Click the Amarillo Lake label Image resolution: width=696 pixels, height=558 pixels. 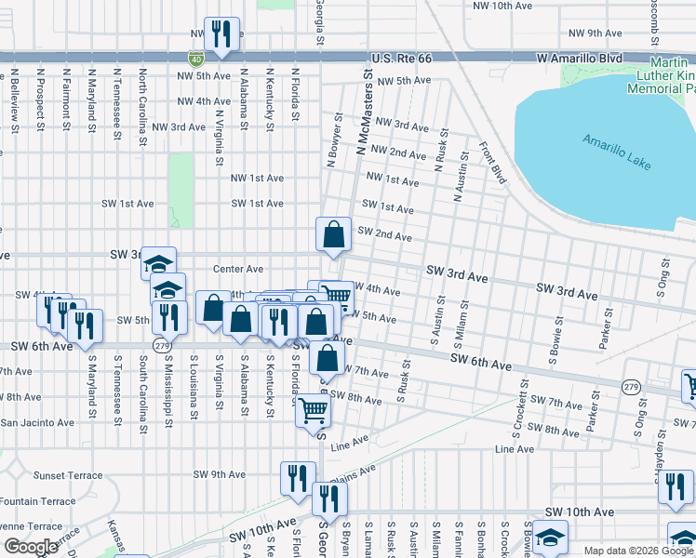tap(619, 152)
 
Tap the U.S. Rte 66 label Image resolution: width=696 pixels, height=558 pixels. tap(402, 58)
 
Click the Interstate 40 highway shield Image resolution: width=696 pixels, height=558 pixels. tap(195, 58)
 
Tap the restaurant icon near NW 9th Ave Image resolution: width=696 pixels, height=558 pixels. tap(221, 35)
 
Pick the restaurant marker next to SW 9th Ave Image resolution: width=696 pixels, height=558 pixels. tap(298, 478)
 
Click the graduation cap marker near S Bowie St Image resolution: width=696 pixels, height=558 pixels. tap(550, 537)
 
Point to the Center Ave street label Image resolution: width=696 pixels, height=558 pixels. tap(238, 269)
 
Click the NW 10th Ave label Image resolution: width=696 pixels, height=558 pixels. tap(502, 6)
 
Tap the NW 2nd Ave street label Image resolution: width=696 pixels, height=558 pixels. tap(398, 153)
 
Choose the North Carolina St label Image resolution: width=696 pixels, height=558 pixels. tap(142, 107)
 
